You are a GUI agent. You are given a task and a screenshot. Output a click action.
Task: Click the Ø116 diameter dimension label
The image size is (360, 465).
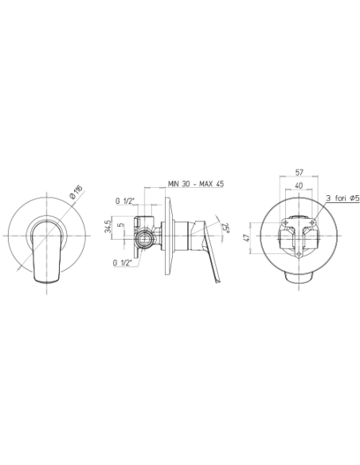pos(76,192)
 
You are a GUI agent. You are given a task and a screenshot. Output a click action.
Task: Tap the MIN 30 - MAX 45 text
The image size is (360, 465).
pos(196,184)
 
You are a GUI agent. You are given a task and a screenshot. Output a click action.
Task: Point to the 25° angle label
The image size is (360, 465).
pos(227,228)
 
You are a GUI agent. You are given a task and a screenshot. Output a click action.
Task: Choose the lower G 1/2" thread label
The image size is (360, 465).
pos(122,263)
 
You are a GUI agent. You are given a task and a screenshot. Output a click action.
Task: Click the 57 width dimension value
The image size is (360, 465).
pos(299,172)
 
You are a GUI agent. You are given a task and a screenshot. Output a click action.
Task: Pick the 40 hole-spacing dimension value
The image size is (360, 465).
pos(299,186)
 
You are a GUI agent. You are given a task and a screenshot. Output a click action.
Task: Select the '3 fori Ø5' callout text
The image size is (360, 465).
pos(342,198)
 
